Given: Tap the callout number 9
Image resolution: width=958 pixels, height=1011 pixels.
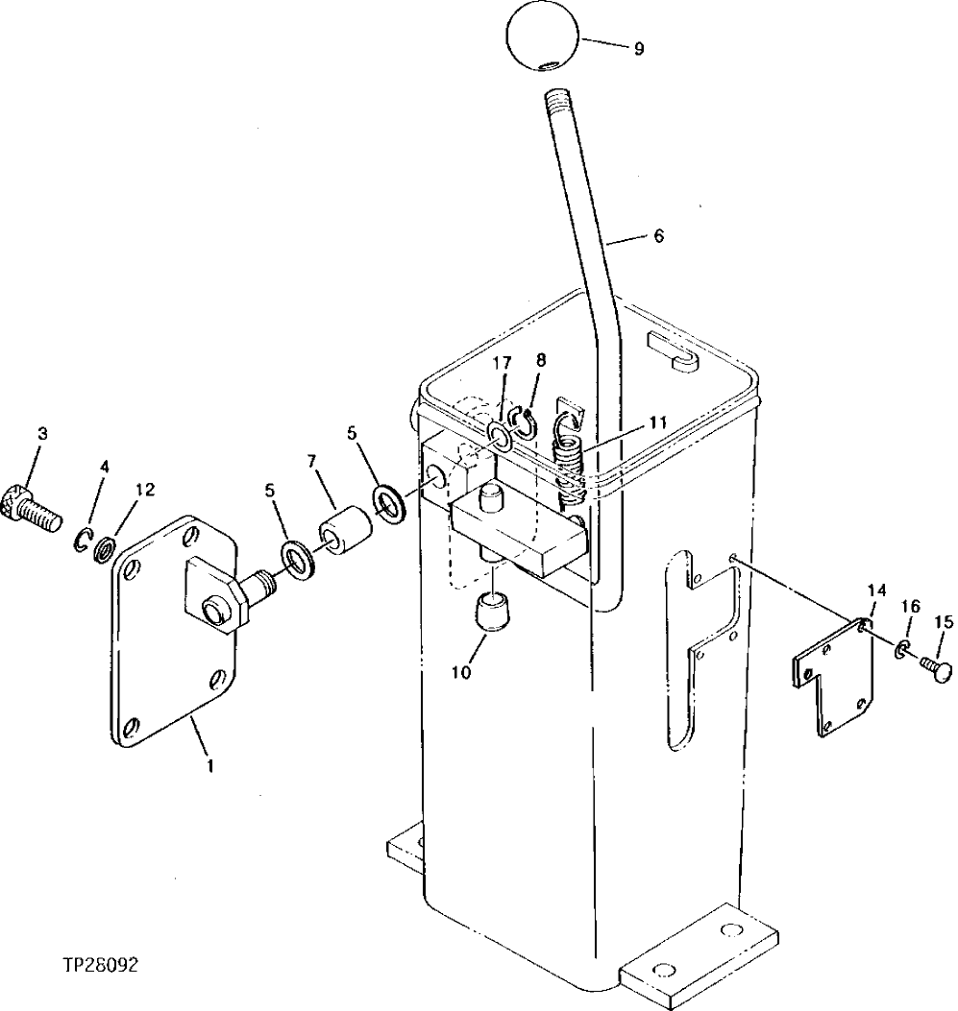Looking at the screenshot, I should [x=639, y=49].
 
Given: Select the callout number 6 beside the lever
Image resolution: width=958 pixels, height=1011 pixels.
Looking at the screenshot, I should [x=658, y=235].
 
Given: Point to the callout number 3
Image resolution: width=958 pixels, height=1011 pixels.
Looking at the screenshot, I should [x=41, y=434].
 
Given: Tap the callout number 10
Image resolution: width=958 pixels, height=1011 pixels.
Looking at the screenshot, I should [x=462, y=672].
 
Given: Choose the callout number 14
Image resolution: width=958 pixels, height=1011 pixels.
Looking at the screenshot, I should [x=877, y=590].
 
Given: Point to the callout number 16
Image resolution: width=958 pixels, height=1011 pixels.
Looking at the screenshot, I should [x=910, y=606].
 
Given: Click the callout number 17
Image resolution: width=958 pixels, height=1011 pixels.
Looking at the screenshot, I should [x=502, y=364].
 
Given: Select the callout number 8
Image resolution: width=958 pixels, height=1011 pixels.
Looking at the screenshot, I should [x=541, y=360].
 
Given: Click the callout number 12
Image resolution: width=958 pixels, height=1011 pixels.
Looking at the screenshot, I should [x=144, y=490].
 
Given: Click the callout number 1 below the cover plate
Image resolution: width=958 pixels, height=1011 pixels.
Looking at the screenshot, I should [x=211, y=765].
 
